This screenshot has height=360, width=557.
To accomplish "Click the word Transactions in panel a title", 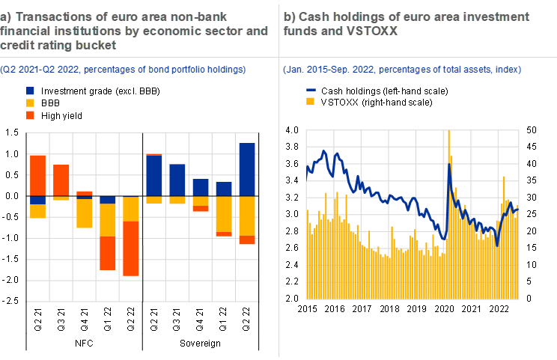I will [46, 16].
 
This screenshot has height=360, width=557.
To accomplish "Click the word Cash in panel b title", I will [311, 16].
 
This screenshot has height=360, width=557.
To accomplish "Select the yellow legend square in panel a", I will [30, 103].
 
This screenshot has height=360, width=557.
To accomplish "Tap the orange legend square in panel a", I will [30, 115].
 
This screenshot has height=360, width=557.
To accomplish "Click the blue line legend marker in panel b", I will [311, 90].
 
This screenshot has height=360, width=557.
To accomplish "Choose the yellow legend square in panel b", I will [311, 101].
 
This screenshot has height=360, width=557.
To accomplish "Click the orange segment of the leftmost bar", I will [37, 175].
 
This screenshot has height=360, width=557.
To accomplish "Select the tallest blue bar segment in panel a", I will [247, 170].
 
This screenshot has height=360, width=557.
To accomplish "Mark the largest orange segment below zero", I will [131, 248].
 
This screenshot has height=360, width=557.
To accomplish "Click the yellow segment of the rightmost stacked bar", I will [247, 216].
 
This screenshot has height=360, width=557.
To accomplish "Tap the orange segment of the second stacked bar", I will [61, 180].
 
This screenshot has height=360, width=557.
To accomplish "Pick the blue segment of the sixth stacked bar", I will [154, 176].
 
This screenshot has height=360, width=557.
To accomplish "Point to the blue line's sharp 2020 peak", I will [448, 166].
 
